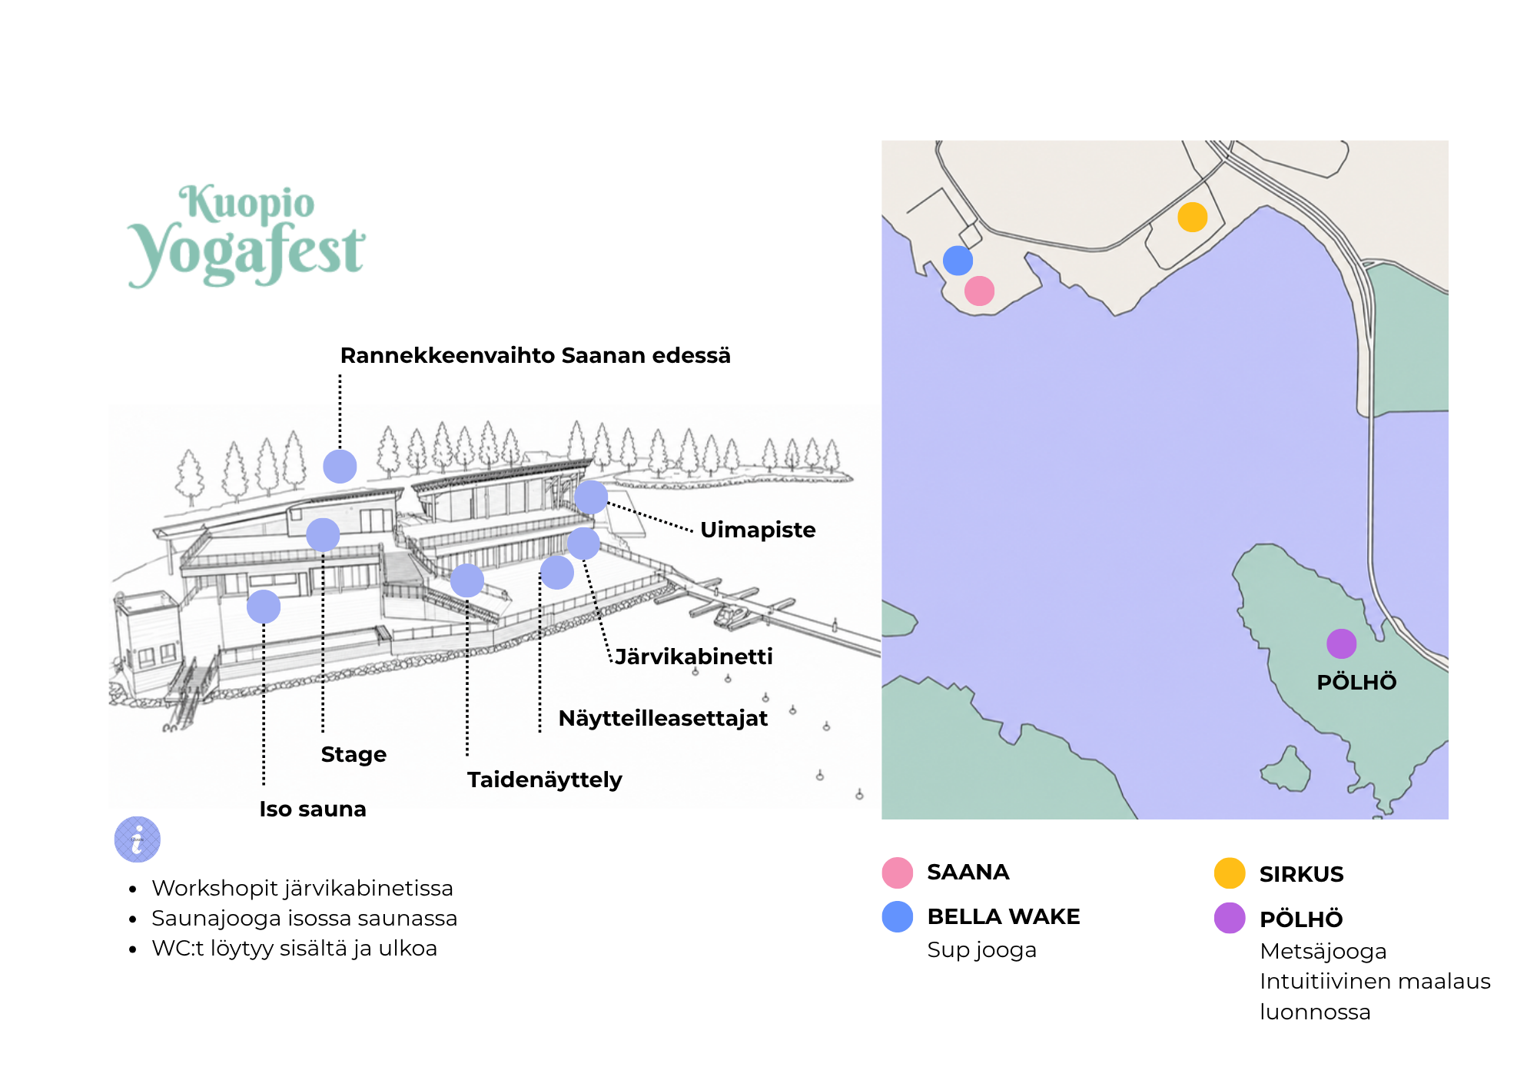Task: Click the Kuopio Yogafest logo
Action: (x=246, y=236)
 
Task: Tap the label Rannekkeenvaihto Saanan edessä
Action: (x=535, y=356)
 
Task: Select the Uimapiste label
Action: (x=758, y=530)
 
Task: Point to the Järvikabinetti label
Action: (x=694, y=657)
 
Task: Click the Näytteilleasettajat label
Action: (x=662, y=718)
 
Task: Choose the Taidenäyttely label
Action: (x=544, y=780)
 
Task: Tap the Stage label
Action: (x=354, y=754)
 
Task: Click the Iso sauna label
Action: (x=313, y=809)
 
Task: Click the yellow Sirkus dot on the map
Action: (x=1193, y=217)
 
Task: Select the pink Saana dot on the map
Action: (x=979, y=291)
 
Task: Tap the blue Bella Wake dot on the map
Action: (x=958, y=261)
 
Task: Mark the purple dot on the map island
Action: (x=1341, y=643)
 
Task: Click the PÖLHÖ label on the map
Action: (x=1356, y=682)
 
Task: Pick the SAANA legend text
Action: (x=968, y=873)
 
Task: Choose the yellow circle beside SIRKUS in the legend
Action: (x=1230, y=873)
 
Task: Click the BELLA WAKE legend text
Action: (x=1004, y=916)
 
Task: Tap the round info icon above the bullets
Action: (x=138, y=839)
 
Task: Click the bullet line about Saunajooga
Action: (x=304, y=918)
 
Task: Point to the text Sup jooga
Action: (x=982, y=950)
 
